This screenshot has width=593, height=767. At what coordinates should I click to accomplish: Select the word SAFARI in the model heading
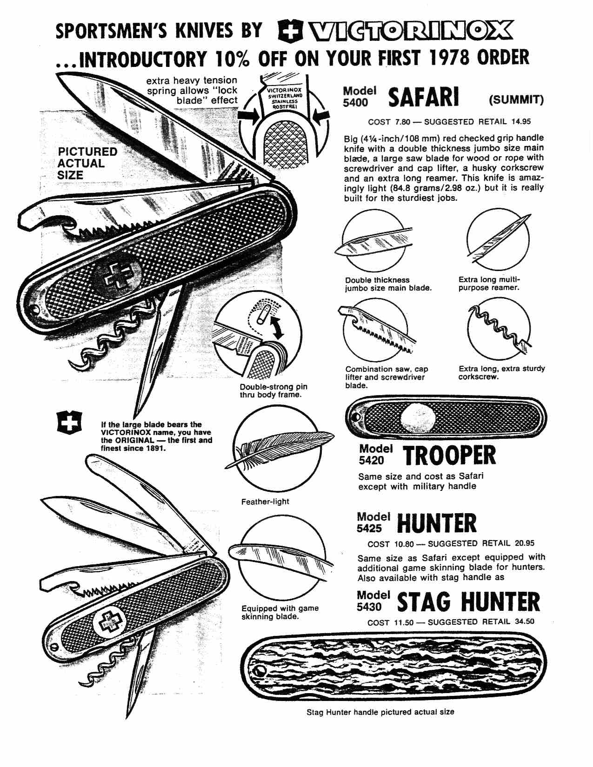point(423,97)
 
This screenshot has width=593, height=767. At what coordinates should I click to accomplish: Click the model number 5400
point(356,103)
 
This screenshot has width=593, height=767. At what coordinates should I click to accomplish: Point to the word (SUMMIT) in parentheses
point(516,100)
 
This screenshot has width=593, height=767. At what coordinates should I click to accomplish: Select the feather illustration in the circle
point(279,448)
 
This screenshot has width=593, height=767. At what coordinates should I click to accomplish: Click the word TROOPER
point(449,456)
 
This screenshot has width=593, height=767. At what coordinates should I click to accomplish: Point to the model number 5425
point(369,529)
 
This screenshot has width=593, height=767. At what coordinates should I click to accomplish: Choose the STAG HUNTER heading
point(469,602)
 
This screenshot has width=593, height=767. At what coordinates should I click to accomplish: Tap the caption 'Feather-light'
point(265,502)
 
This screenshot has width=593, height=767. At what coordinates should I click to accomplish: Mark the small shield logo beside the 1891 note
point(69,423)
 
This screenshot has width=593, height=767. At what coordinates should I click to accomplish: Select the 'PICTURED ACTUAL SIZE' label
point(87,164)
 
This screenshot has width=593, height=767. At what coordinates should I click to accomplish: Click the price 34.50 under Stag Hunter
point(524,622)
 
